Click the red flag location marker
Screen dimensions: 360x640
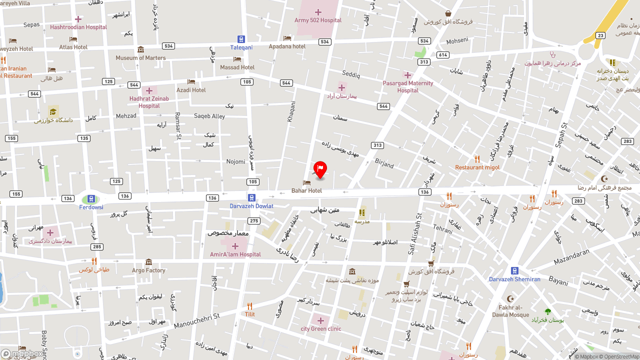320,169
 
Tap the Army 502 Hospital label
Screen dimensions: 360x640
318,20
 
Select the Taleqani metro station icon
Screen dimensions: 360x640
241,39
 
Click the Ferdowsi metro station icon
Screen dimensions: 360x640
91,199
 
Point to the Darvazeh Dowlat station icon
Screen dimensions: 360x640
251,198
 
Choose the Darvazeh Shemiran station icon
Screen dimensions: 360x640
514,271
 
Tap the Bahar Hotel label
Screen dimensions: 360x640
306,190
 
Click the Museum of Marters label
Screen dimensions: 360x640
140,57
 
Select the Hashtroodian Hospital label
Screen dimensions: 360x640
78,27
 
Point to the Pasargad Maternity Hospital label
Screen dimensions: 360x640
407,86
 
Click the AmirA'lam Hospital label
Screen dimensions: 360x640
235,254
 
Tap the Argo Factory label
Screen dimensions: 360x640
148,270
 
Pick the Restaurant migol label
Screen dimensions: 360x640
477,167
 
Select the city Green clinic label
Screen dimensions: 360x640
321,328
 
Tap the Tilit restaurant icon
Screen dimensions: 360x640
249,306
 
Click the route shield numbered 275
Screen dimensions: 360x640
254,221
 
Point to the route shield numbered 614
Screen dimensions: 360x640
442,55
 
